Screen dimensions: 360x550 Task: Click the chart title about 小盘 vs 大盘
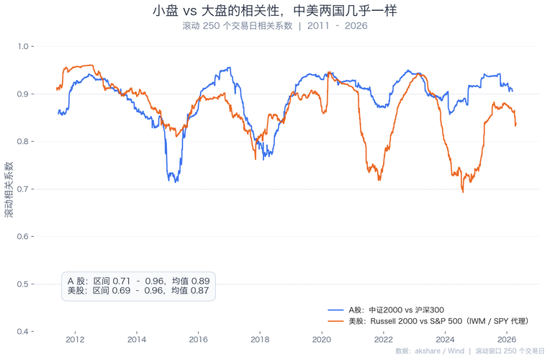tap(275, 12)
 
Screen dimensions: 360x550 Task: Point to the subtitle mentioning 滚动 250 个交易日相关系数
tap(275, 26)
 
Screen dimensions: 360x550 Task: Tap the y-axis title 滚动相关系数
tap(9, 189)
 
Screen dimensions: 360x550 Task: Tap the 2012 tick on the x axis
tap(75, 339)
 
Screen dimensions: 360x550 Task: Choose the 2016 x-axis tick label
tap(199, 339)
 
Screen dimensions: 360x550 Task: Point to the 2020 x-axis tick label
tap(322, 339)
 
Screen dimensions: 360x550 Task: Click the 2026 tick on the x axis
tap(506, 339)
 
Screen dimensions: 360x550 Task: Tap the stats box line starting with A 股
tap(138, 280)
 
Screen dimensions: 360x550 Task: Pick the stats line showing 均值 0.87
tap(138, 290)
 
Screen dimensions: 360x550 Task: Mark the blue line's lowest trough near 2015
tap(173, 181)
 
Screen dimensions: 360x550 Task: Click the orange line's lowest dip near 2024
tap(463, 192)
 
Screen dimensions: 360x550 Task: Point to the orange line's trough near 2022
tap(379, 180)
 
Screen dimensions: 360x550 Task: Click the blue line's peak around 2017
tap(229, 68)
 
